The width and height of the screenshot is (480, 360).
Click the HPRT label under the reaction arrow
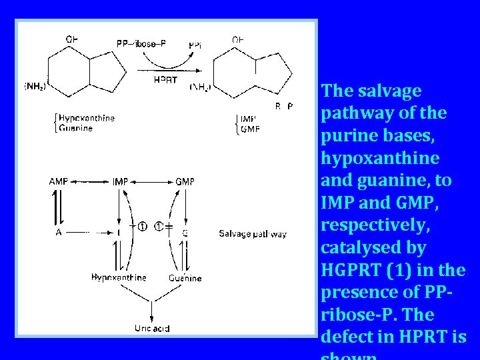(x=165, y=81)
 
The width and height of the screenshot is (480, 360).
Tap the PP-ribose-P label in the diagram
(x=141, y=44)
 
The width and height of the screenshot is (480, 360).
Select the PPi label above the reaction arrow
(x=195, y=45)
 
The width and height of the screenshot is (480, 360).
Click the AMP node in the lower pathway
(x=59, y=181)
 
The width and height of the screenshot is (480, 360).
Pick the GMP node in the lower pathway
(x=185, y=181)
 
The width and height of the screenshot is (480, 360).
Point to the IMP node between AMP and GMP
(x=121, y=181)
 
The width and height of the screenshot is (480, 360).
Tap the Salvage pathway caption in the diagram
(x=253, y=233)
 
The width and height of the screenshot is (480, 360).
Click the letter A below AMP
(x=59, y=233)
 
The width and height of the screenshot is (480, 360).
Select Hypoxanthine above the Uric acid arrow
(x=119, y=277)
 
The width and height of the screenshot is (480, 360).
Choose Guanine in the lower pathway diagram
(x=185, y=277)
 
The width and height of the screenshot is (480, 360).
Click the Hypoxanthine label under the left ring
(x=87, y=118)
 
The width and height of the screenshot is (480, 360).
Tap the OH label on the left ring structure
(x=71, y=39)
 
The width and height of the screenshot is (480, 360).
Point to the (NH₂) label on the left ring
(x=35, y=87)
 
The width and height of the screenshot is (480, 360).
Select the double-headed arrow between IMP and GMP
(x=153, y=181)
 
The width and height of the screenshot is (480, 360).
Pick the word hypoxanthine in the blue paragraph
(x=380, y=158)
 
